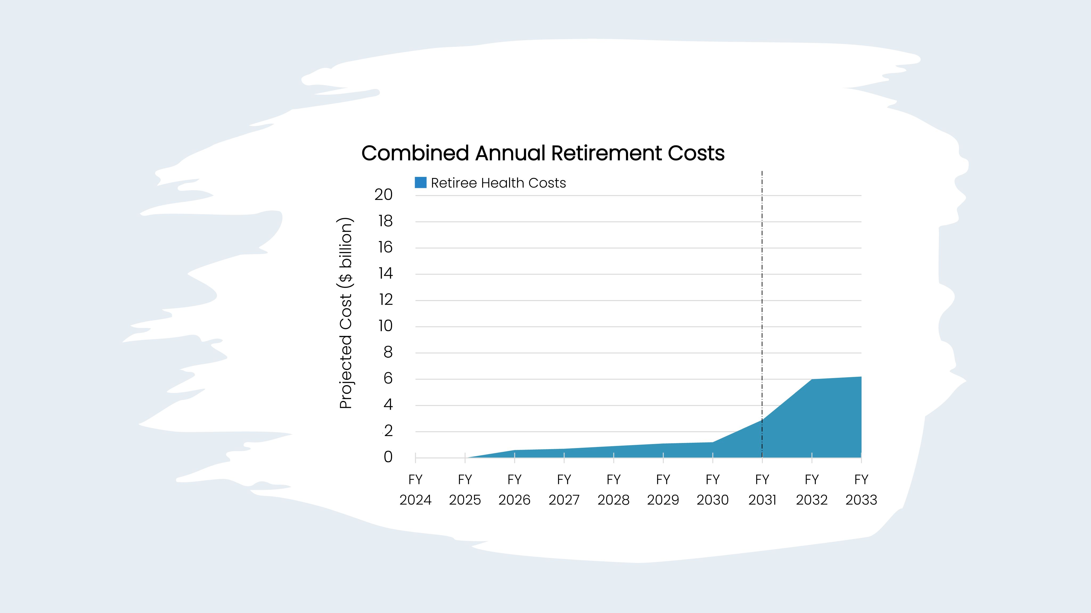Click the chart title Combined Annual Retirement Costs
[x=543, y=153]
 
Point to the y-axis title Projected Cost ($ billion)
[x=345, y=313]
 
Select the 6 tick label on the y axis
[x=388, y=379]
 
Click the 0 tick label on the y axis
[x=388, y=457]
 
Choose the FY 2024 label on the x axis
[x=415, y=490]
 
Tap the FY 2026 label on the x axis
[x=514, y=490]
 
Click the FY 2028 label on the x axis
[x=613, y=490]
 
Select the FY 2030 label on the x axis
[x=712, y=490]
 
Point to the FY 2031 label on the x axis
[x=762, y=490]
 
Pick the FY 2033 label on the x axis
[x=861, y=490]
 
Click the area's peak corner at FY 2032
[x=812, y=379]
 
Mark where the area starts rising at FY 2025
[x=465, y=457]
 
